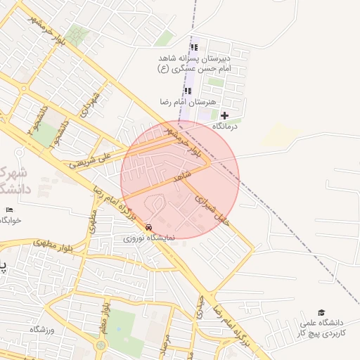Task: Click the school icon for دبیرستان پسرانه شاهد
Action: (x=194, y=48)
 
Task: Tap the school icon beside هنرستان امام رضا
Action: (x=187, y=91)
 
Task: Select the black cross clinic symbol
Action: (x=224, y=115)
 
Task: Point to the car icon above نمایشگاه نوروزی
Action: (x=149, y=228)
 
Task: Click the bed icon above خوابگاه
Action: (x=9, y=210)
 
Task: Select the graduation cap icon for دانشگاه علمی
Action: (x=321, y=312)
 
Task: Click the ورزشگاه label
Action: (x=42, y=329)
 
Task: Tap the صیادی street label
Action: (x=202, y=307)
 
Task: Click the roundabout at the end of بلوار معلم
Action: (x=101, y=345)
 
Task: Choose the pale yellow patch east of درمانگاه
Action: (x=281, y=134)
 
